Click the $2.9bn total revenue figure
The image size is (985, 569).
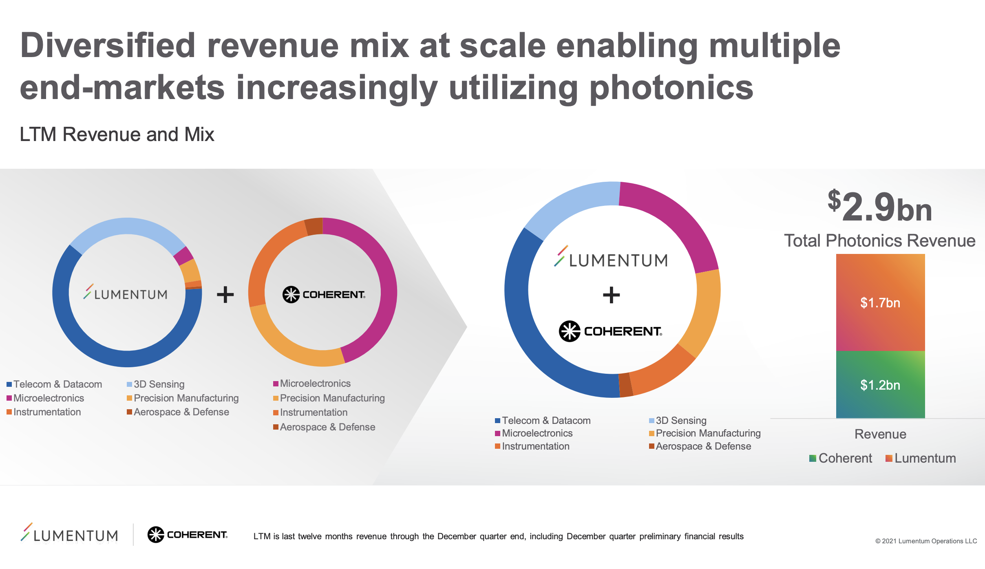pos(880,207)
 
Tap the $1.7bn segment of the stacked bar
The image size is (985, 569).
pos(880,302)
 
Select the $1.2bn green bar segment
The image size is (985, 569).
pos(880,385)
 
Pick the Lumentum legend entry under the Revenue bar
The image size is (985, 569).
pos(921,458)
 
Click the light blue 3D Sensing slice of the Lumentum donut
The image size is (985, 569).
pos(127,226)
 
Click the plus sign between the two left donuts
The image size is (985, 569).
pos(225,294)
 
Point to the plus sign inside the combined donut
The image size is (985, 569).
pos(611,295)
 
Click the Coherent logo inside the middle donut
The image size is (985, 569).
pos(324,294)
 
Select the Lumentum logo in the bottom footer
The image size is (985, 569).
pos(69,534)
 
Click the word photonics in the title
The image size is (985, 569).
pos(671,88)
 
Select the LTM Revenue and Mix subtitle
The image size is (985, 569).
pos(117,135)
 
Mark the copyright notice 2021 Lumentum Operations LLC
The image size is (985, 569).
pos(926,541)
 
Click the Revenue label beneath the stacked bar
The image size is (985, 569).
pos(880,434)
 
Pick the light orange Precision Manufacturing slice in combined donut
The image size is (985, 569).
pos(707,310)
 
